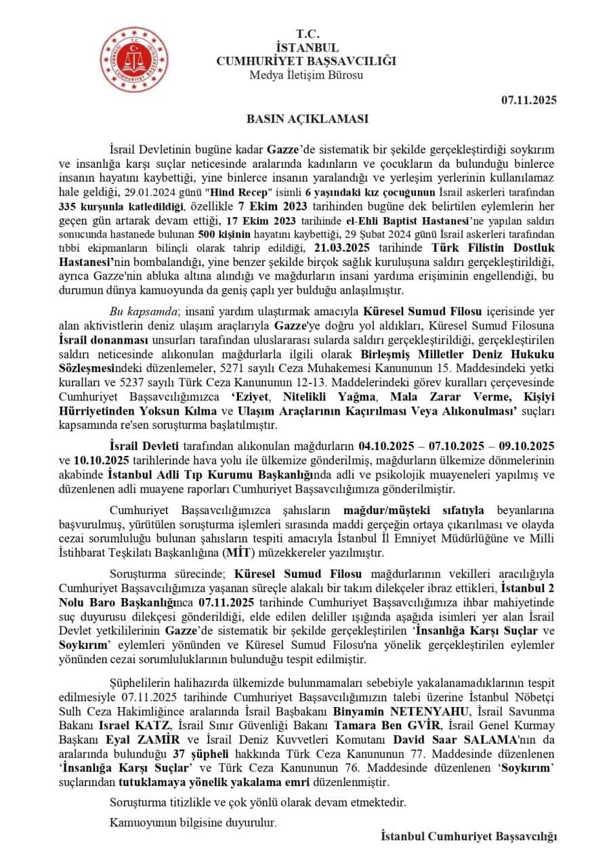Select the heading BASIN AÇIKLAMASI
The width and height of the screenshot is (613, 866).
(x=306, y=119)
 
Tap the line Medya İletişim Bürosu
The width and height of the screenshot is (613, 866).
(x=306, y=75)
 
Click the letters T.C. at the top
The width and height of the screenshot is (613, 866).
(x=306, y=34)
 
